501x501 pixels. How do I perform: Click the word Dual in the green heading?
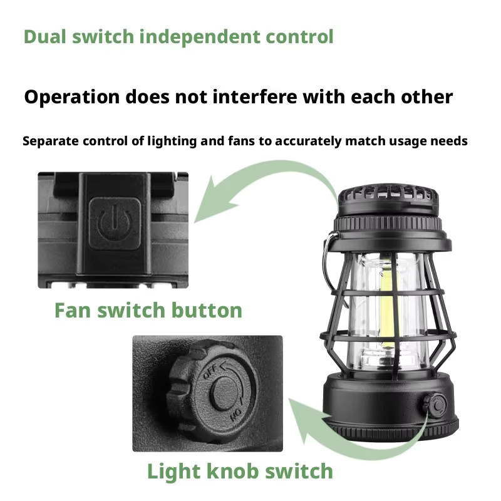tap(44, 36)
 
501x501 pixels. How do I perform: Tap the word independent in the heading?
tap(200, 37)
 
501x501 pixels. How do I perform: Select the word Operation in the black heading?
tap(72, 98)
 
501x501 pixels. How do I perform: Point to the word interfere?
tap(255, 96)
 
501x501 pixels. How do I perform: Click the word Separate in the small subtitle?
tap(51, 141)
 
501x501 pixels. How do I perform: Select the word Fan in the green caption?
tap(73, 310)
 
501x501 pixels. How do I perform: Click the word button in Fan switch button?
tap(207, 310)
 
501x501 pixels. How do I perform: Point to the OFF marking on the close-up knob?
tap(210, 371)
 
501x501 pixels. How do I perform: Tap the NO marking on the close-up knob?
tap(237, 414)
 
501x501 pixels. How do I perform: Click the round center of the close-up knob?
tap(224, 393)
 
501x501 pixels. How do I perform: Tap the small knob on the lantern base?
tap(435, 405)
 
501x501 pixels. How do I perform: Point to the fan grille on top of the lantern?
tap(388, 197)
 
